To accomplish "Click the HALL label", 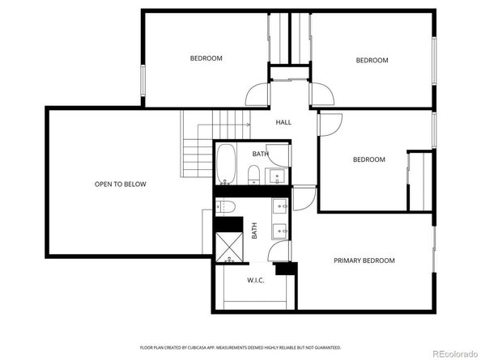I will point(283,123).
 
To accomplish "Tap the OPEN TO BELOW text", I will point(121,184).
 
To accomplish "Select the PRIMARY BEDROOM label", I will point(364,260).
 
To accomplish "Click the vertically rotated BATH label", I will point(254,231).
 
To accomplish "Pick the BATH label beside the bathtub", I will point(259,154).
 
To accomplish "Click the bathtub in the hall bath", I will point(226,163).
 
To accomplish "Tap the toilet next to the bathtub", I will point(253,174).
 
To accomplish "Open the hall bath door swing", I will point(278,150).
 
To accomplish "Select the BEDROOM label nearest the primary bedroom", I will point(368,159).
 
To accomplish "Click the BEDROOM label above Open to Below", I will point(206,58).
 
